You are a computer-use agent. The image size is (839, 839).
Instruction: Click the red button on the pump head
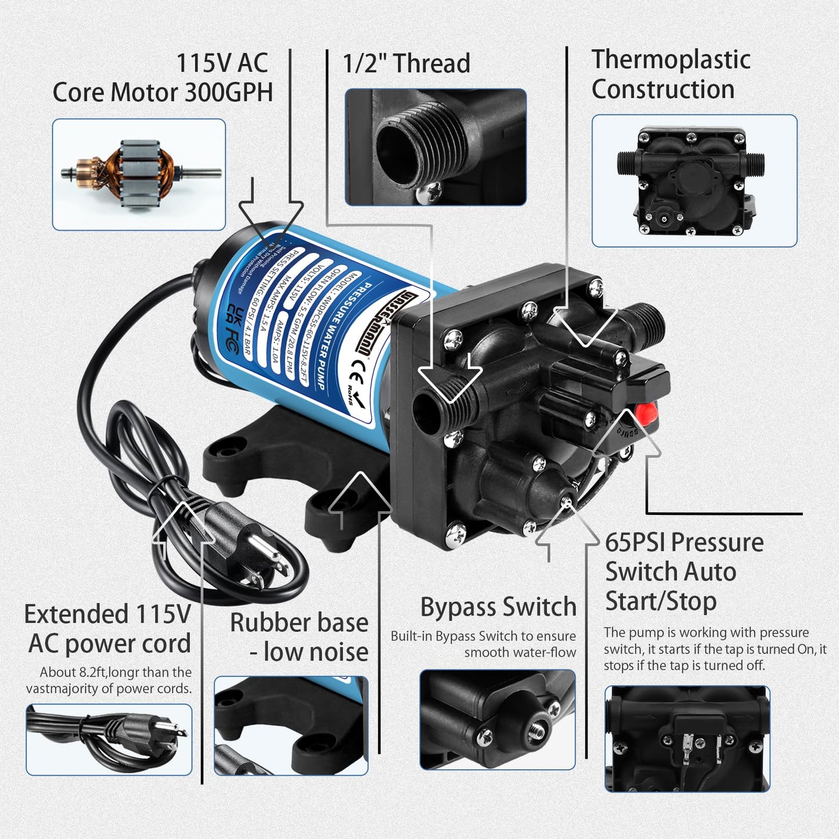646,413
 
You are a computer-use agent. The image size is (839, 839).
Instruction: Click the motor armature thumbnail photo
139,174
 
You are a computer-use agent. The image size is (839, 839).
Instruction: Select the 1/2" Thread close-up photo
435,147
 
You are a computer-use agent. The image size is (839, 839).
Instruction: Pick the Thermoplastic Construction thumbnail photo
694,181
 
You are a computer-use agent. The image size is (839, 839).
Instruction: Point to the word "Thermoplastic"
671,60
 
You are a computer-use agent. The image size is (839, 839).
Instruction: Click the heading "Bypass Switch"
498,607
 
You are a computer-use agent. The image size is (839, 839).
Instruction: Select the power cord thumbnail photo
109,739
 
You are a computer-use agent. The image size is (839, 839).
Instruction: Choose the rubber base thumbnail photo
291,725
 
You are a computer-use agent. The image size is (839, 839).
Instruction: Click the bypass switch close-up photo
498,719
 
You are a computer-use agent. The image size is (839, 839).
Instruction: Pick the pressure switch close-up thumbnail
687,739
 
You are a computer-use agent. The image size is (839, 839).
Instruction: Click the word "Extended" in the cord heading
75,614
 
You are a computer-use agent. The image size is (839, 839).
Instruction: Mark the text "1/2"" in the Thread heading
365,63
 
